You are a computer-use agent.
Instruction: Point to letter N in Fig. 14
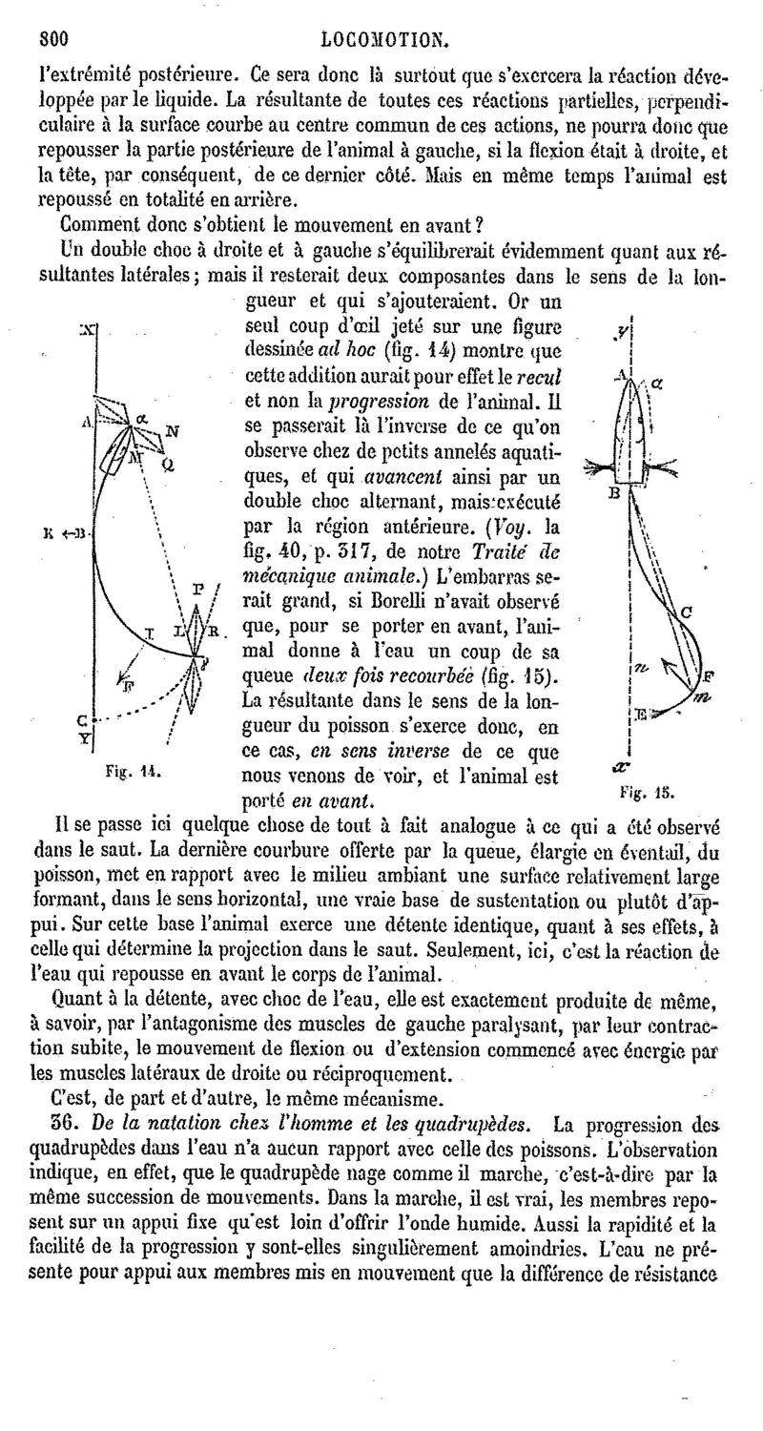point(172,430)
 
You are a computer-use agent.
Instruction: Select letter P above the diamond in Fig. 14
point(196,589)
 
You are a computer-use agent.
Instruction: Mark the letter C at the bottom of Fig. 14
point(82,718)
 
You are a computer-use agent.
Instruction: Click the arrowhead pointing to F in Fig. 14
point(121,675)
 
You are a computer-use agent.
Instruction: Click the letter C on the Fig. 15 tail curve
point(687,614)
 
